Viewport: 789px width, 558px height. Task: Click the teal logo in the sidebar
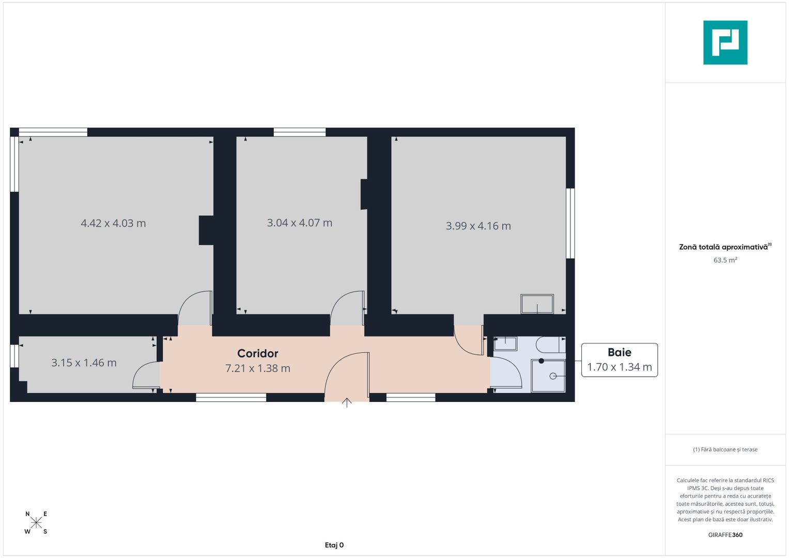(x=725, y=42)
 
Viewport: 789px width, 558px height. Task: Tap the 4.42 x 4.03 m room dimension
(x=113, y=223)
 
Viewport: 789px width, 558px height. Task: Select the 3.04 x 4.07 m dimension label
(x=299, y=223)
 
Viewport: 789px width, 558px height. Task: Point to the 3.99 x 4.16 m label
(x=478, y=226)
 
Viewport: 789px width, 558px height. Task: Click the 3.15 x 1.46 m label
(x=84, y=363)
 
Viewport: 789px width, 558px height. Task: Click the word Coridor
(x=257, y=353)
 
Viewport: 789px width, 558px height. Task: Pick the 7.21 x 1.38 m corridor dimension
(x=257, y=368)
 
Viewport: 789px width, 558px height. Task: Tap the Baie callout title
(x=619, y=352)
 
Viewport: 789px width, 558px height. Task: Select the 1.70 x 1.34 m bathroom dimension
(x=619, y=367)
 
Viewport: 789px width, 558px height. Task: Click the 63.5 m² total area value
(x=725, y=260)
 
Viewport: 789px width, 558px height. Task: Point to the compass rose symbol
(x=36, y=522)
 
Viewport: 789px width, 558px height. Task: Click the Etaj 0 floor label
(x=334, y=545)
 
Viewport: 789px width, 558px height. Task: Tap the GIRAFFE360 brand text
(x=725, y=535)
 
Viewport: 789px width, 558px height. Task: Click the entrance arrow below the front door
(x=347, y=402)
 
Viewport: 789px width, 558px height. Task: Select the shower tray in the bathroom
(x=549, y=376)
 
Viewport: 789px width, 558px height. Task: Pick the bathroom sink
(x=505, y=344)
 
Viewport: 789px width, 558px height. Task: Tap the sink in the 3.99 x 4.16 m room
(x=537, y=304)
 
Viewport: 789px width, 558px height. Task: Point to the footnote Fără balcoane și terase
(x=725, y=450)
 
